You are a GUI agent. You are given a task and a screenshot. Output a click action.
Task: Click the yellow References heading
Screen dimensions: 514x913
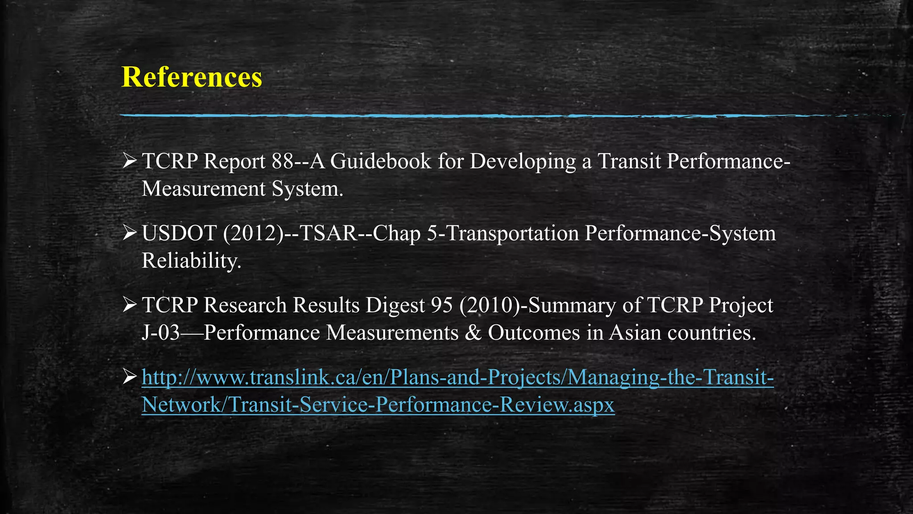click(192, 77)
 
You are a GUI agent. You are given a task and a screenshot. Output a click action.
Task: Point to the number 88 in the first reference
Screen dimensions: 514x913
click(283, 162)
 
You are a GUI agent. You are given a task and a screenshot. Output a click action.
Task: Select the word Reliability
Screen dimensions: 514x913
click(191, 261)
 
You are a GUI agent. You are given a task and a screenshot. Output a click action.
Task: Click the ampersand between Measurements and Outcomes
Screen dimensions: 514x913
click(473, 333)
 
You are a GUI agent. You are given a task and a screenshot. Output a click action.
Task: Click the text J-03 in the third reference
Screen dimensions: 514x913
click(160, 333)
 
